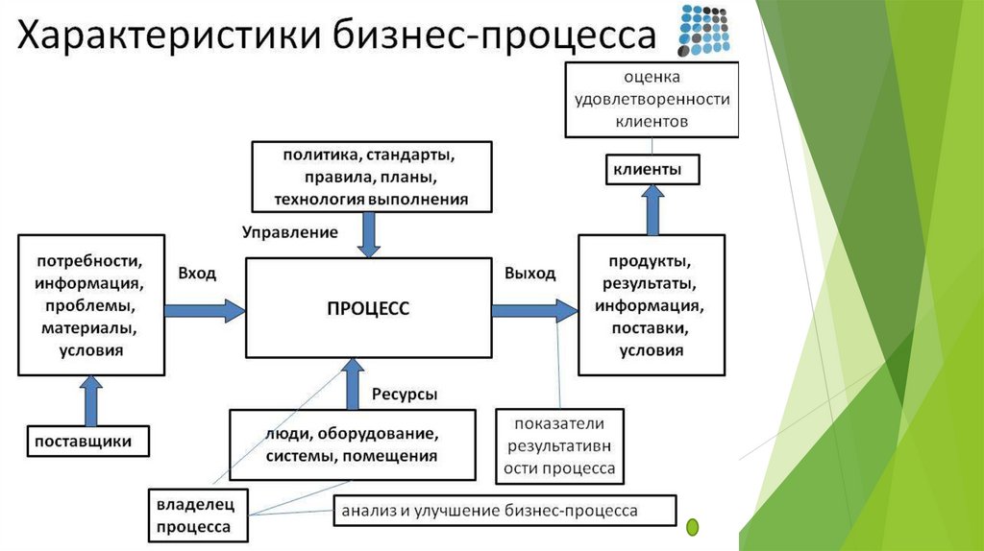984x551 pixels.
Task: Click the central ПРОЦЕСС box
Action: (368, 308)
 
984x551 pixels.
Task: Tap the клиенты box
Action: (651, 170)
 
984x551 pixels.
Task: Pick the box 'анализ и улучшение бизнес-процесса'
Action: (504, 510)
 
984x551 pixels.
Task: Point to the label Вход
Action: (197, 274)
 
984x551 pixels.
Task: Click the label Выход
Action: (529, 274)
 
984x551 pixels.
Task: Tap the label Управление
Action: (290, 232)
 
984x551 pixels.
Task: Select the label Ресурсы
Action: (405, 395)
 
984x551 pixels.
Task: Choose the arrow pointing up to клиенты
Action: (653, 209)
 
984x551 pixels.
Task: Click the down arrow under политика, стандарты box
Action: (369, 234)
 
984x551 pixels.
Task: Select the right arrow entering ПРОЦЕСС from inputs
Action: (204, 309)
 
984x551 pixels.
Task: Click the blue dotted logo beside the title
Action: (704, 31)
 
